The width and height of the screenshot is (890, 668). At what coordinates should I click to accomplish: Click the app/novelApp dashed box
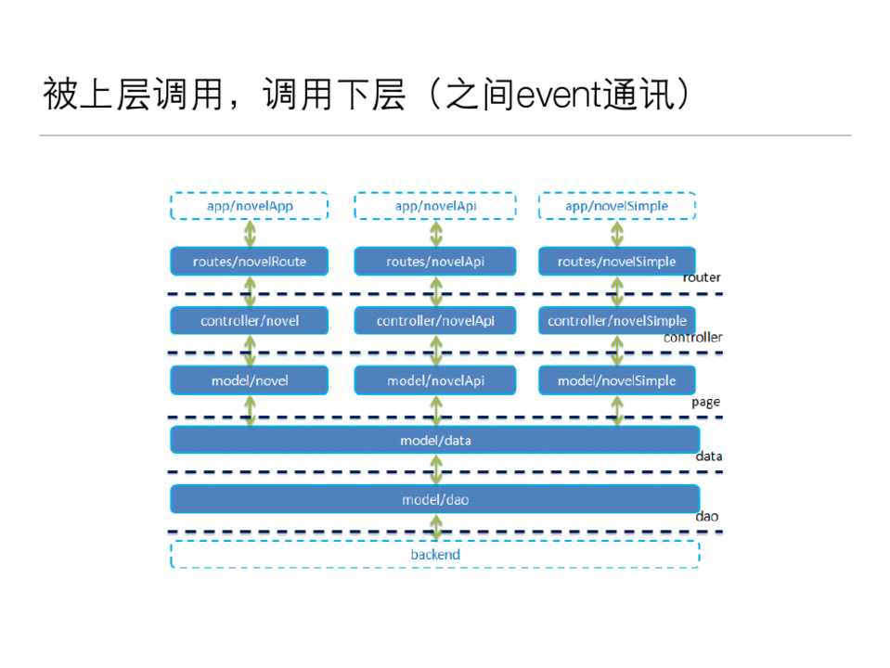point(249,206)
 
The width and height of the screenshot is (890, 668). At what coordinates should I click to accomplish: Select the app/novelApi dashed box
point(435,206)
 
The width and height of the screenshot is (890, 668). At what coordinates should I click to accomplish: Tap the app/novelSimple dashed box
point(616,206)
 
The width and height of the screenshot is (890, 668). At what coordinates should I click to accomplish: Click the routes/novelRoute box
point(249,262)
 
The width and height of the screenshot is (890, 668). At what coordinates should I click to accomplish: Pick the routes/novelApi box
point(435,262)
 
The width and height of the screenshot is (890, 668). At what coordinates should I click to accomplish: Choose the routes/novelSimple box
point(616,262)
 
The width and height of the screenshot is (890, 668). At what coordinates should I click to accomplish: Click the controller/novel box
point(249,321)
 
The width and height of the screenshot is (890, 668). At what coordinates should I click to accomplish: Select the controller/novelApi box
point(435,321)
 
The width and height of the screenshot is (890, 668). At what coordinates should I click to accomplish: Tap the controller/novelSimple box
point(616,321)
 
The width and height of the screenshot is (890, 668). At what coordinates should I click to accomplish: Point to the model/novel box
point(249,380)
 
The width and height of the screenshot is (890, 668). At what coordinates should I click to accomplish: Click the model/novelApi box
point(435,380)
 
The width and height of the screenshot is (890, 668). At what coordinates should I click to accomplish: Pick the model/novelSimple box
point(616,380)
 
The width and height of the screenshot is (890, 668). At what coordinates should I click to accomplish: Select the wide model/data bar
point(434,440)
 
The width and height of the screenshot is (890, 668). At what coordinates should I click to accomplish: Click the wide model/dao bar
point(434,499)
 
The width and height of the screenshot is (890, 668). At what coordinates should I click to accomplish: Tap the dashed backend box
point(434,555)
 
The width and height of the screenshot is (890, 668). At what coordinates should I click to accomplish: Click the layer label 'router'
point(702,277)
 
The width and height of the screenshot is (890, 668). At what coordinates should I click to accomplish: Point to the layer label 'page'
point(705,403)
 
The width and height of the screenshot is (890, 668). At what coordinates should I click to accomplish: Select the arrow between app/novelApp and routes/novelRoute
point(250,234)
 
